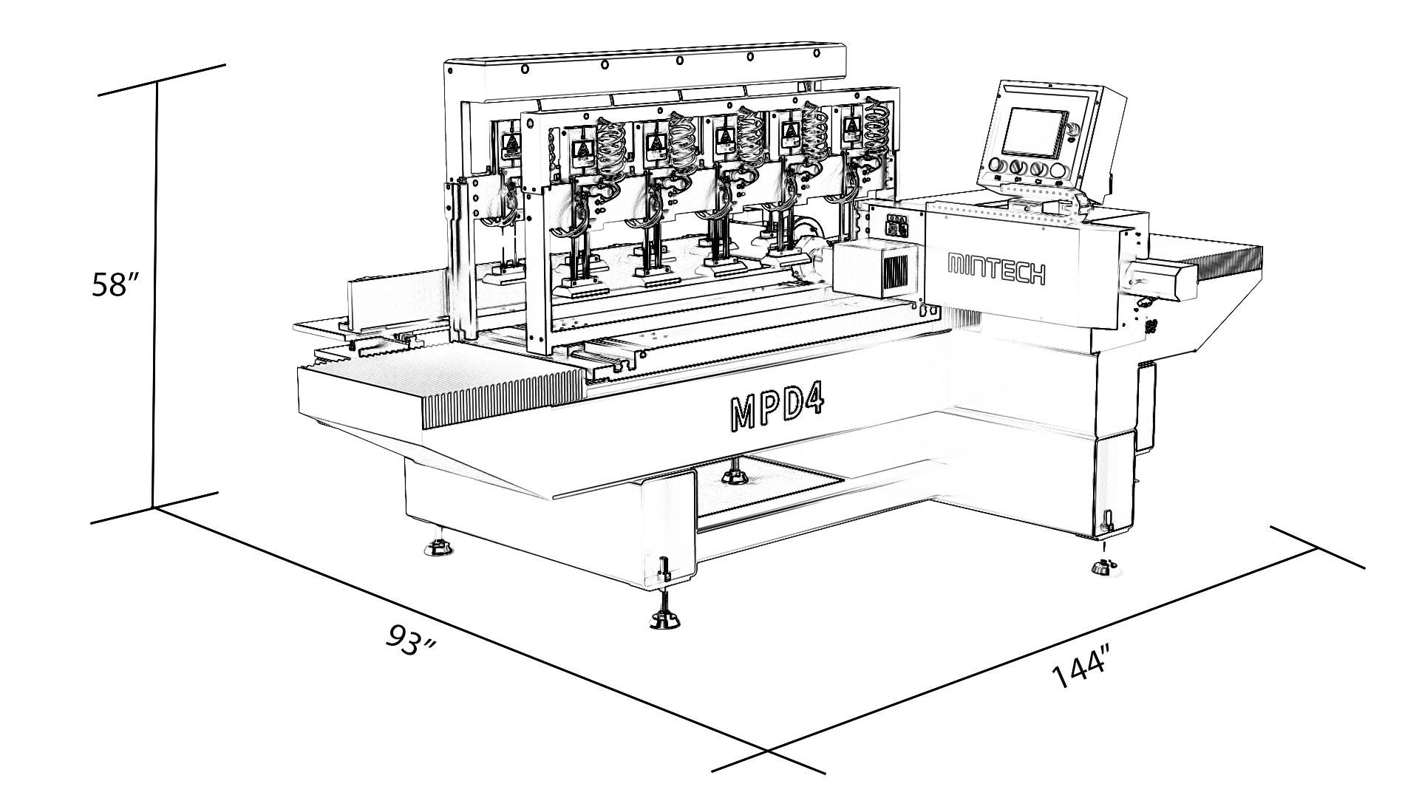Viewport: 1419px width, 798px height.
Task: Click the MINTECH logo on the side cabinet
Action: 996,269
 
